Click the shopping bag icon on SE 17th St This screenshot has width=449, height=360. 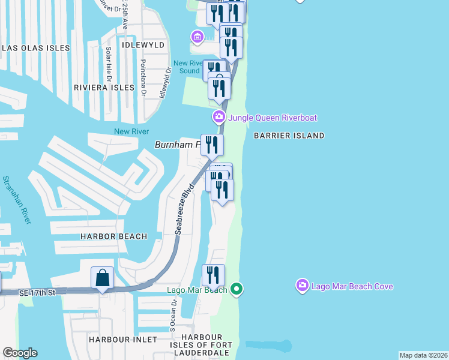coord(102,278)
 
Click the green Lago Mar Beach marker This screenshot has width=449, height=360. coord(237,290)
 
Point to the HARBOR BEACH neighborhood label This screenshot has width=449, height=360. coord(114,236)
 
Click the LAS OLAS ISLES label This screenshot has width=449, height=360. coord(36,48)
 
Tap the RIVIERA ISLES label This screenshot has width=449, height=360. coord(104,88)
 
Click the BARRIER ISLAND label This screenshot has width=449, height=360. coord(289,136)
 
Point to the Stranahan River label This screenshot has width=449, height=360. coord(17,200)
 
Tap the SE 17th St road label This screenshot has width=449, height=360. coord(37,292)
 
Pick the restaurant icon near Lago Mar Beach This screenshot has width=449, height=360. coord(213,275)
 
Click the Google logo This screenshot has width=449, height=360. coord(20,353)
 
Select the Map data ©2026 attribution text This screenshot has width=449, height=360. coord(423,355)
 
